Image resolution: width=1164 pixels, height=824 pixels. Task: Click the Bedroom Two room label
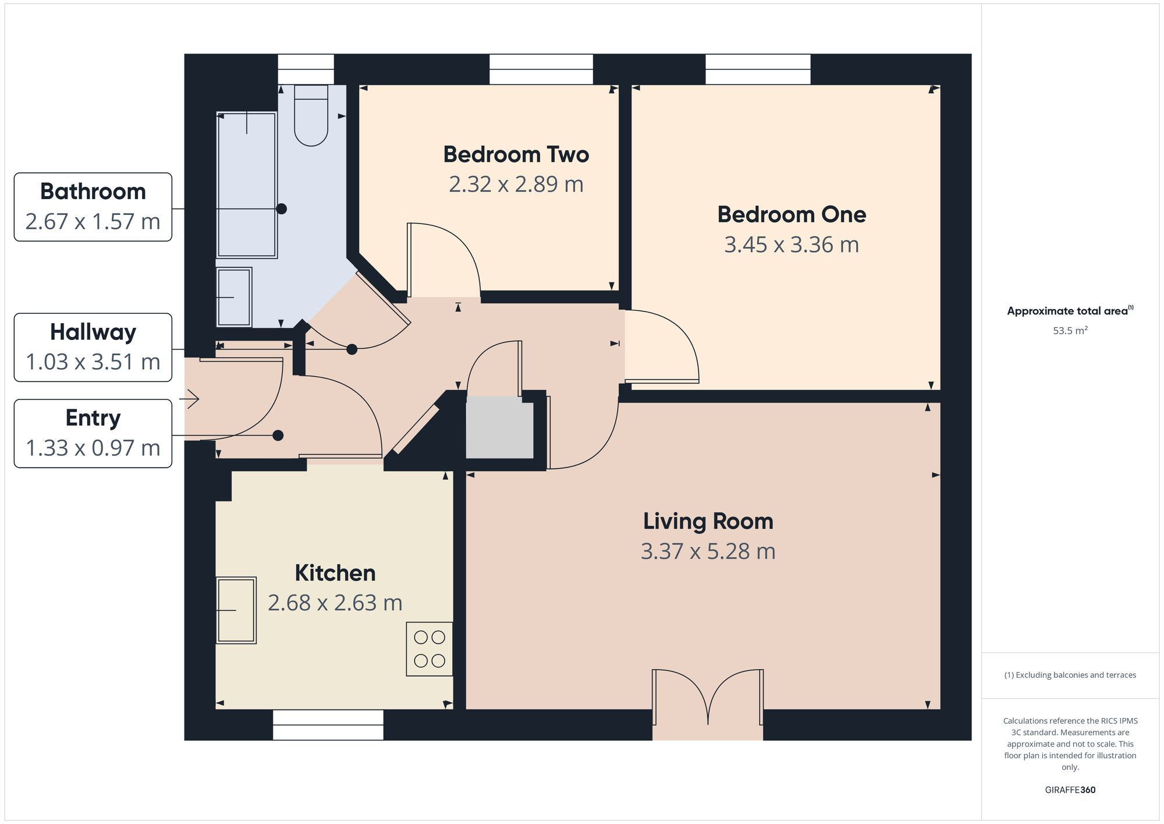516,154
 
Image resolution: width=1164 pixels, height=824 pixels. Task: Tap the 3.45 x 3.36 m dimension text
791,245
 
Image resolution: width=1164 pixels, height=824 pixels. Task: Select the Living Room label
708,521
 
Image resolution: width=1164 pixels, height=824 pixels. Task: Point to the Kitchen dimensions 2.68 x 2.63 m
335,603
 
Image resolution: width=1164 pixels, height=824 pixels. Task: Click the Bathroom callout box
93,207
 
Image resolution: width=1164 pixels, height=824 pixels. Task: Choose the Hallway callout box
93,348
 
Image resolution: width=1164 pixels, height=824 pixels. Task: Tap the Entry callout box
93,433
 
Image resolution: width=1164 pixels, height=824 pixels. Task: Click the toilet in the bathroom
311,115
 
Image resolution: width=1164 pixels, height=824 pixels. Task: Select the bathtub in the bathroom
246,185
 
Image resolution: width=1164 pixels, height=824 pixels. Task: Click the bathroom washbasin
234,298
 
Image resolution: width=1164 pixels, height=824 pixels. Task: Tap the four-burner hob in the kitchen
429,649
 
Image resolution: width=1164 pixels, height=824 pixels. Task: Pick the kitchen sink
236,610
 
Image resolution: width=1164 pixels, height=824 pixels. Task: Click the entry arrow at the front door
190,399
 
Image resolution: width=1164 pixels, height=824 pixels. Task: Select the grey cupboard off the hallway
499,427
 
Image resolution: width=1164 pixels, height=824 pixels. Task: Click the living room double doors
707,699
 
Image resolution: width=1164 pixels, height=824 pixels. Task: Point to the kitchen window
328,725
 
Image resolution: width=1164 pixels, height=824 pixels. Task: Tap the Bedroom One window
757,69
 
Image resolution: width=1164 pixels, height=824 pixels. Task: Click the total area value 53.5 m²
1070,330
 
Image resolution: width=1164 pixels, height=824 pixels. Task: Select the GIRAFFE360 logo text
1070,790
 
